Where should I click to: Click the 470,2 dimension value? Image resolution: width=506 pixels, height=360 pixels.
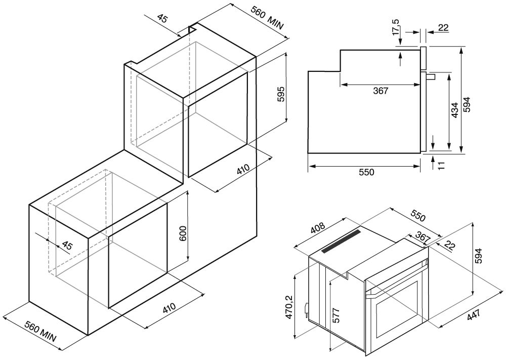(289, 307)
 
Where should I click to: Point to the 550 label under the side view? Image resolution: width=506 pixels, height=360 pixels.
(366, 172)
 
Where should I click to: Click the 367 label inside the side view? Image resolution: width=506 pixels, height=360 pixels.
(380, 91)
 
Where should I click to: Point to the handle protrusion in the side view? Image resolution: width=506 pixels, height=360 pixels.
(431, 77)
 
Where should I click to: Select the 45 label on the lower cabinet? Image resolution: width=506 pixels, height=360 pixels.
(66, 247)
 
